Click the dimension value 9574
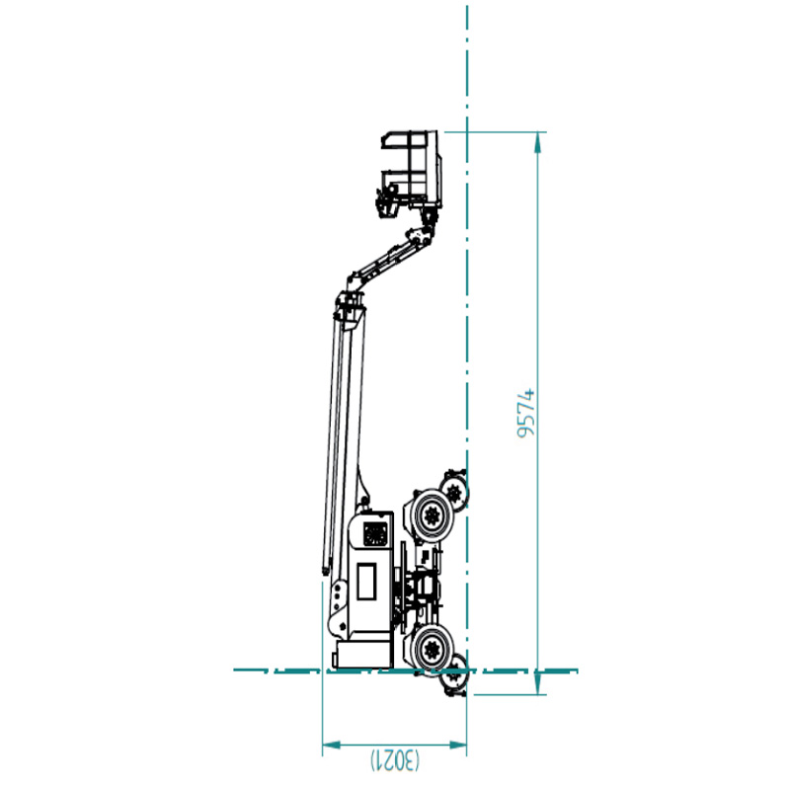(526, 413)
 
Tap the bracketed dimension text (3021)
(395, 760)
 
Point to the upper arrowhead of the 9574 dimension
(538, 142)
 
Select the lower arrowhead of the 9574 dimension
(538, 683)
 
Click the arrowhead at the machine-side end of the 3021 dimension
(332, 745)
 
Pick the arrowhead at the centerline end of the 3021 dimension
(457, 745)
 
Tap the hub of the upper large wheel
(432, 514)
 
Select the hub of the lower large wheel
(432, 649)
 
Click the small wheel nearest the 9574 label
(454, 490)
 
